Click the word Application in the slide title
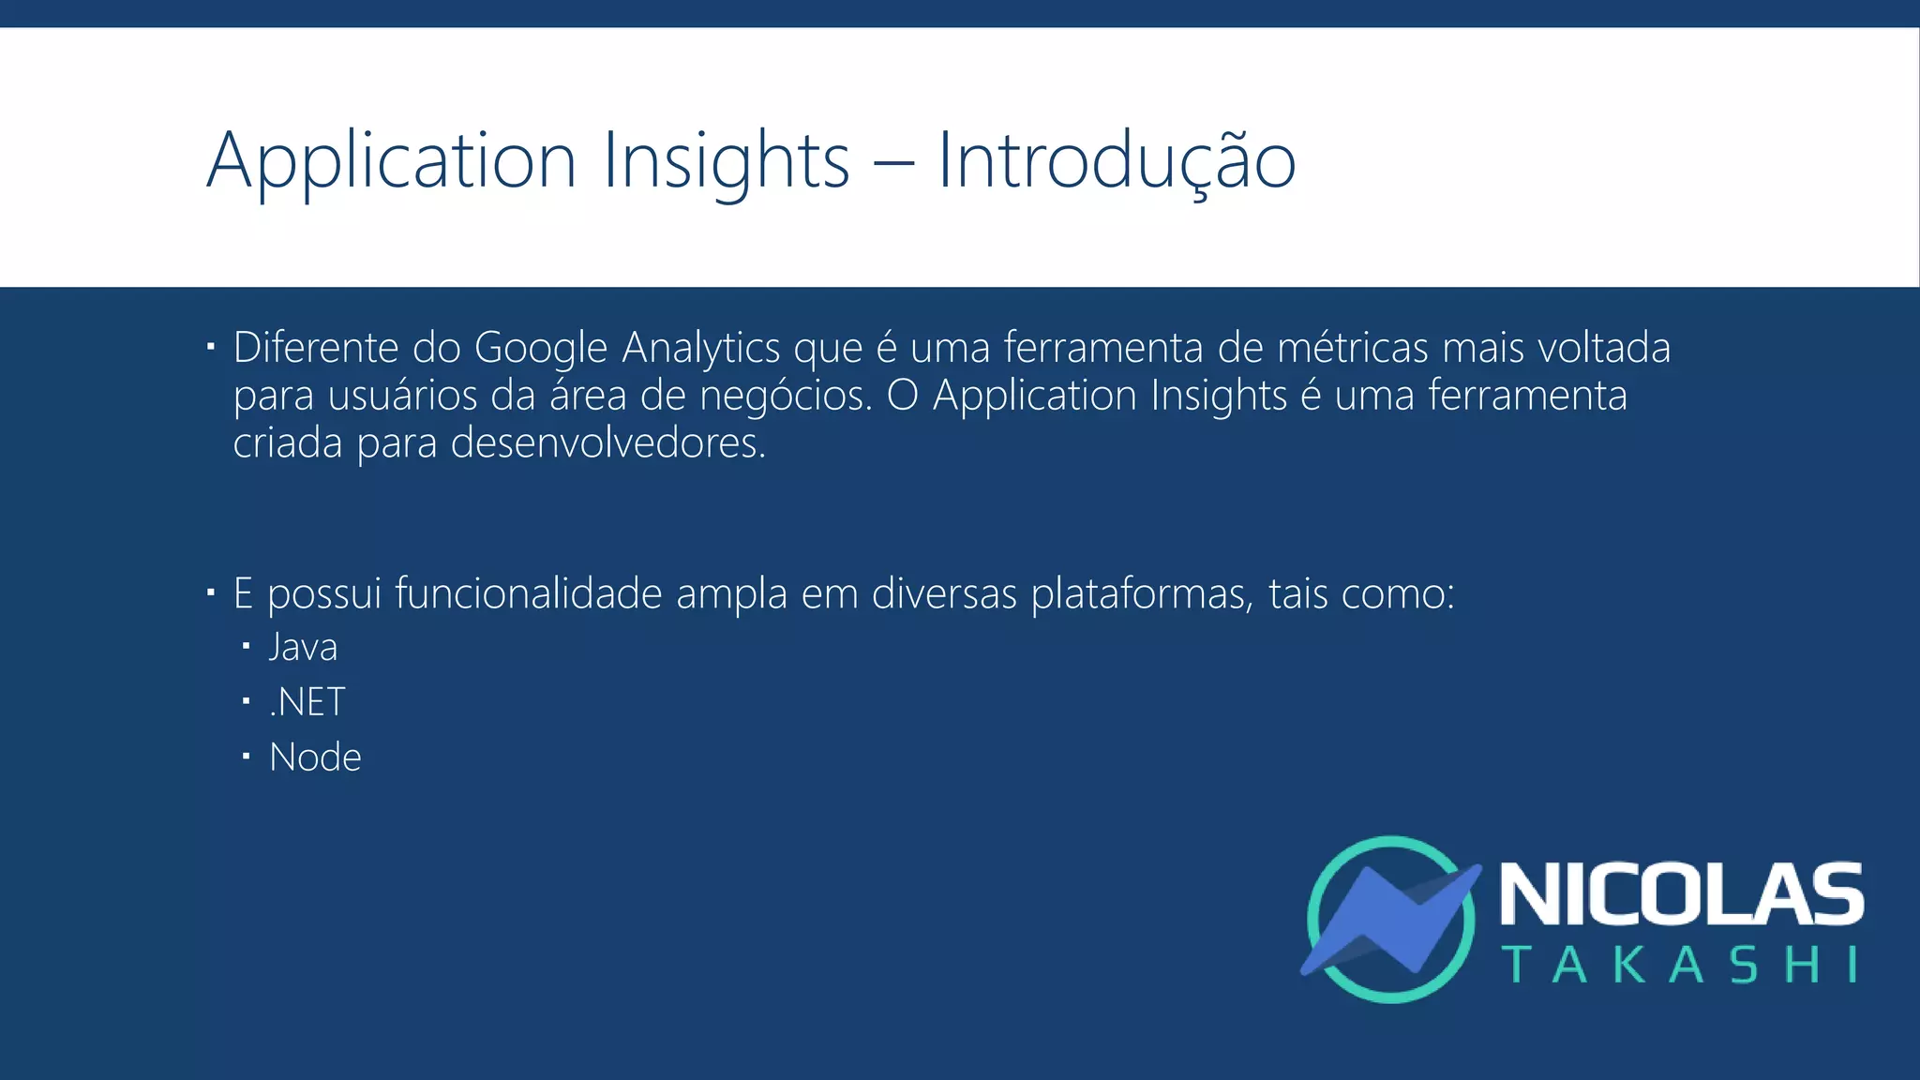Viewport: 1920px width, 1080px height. click(x=391, y=161)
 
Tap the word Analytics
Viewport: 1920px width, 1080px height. click(x=701, y=348)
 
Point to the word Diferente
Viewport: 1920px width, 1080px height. click(x=316, y=348)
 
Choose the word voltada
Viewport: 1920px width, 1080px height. click(x=1603, y=348)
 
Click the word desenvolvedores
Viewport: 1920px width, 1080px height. click(x=607, y=443)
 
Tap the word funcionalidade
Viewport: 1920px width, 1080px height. click(x=528, y=593)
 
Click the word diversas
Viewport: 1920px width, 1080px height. click(x=944, y=593)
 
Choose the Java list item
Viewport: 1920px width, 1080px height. click(x=303, y=647)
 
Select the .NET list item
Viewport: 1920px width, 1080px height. click(x=307, y=702)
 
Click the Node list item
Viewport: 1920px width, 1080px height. click(x=315, y=757)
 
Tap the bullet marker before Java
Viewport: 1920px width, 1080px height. click(x=246, y=646)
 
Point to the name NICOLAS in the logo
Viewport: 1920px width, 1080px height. click(x=1682, y=894)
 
